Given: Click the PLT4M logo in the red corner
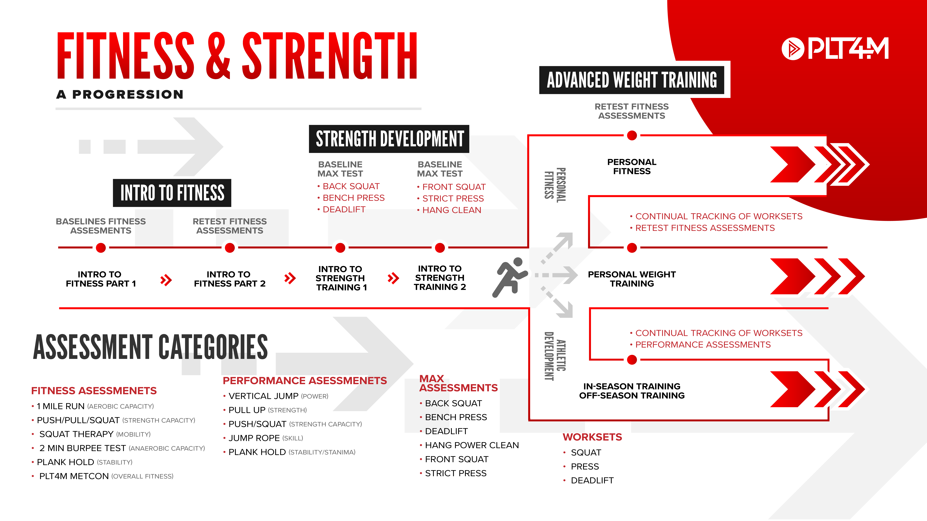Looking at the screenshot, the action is tap(835, 49).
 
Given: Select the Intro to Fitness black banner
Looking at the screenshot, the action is tap(172, 193).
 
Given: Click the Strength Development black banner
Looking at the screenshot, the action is tap(389, 139).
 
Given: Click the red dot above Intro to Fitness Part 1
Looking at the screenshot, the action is tap(101, 248).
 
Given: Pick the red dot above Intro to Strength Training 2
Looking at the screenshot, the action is tap(440, 248).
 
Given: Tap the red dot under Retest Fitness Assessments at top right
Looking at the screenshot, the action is tap(632, 136).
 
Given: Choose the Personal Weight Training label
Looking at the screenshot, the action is tap(632, 279).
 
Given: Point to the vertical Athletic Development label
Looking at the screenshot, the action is tap(555, 356).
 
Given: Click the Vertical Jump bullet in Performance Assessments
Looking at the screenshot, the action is tap(276, 396).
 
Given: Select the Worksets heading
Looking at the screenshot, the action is tap(592, 437).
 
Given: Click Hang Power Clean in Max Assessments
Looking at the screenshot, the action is tap(469, 445).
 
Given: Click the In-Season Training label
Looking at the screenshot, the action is tap(632, 386).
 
